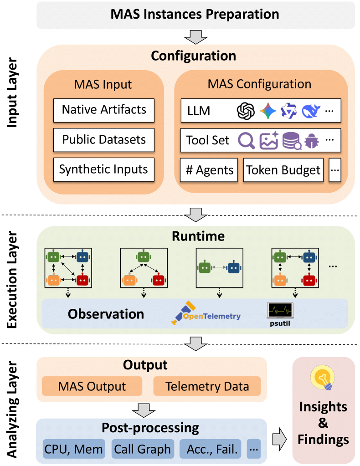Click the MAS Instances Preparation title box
pyautogui.click(x=195, y=14)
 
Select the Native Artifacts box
pyautogui.click(x=104, y=109)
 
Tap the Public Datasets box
pyautogui.click(x=104, y=139)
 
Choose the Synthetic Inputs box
pyautogui.click(x=104, y=169)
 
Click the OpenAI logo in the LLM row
pyautogui.click(x=245, y=111)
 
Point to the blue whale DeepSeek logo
pyautogui.click(x=311, y=111)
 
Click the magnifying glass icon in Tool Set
pyautogui.click(x=247, y=141)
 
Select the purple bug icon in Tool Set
pyautogui.click(x=312, y=141)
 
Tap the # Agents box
pyautogui.click(x=209, y=170)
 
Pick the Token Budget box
pyautogui.click(x=283, y=170)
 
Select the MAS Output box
pyautogui.click(x=92, y=386)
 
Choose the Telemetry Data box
pyautogui.click(x=207, y=386)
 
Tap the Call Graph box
pyautogui.click(x=142, y=449)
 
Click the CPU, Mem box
pyautogui.click(x=74, y=449)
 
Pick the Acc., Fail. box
pyautogui.click(x=212, y=449)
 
